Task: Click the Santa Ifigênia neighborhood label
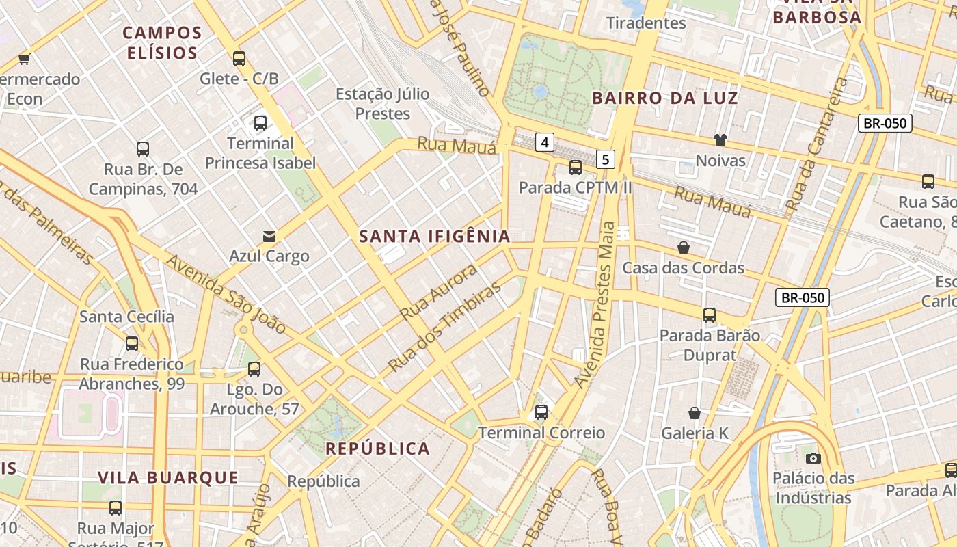[435, 237]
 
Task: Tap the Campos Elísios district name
[162, 42]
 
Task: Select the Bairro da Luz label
[665, 98]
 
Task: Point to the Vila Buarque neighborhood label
[168, 477]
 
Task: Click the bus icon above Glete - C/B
[239, 59]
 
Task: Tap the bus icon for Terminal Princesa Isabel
[260, 123]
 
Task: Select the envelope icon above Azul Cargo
[269, 237]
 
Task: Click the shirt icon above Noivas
[720, 140]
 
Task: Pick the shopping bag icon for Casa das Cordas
[683, 248]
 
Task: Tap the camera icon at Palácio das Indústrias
[813, 458]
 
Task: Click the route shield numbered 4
[544, 142]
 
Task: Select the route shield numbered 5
[605, 159]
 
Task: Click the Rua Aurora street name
[439, 292]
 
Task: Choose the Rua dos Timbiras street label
[444, 328]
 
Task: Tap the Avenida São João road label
[226, 294]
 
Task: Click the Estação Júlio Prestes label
[383, 103]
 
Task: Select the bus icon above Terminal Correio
[541, 412]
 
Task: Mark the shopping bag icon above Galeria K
[695, 413]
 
